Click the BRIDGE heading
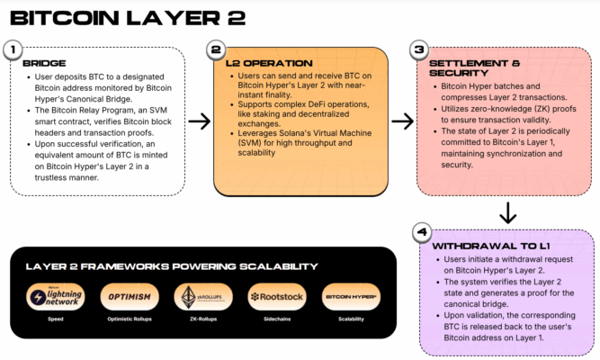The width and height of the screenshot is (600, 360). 42,64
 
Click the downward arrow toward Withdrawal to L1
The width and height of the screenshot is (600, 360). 507,212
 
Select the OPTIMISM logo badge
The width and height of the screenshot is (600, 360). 129,296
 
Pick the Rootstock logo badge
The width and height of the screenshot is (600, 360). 274,296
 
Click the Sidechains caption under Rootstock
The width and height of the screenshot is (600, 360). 274,319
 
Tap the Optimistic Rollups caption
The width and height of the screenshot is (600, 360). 129,319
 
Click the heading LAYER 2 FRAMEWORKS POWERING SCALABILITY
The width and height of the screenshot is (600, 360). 171,266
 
